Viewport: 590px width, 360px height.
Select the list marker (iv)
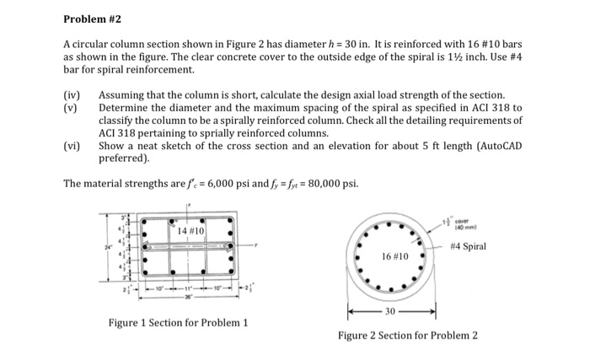pos(72,96)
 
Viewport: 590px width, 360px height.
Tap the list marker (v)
pos(72,109)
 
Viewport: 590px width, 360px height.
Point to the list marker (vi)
pos(72,145)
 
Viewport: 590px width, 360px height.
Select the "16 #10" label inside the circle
pos(394,255)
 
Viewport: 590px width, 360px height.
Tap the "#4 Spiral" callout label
pos(468,246)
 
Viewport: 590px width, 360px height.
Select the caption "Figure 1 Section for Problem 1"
pos(178,323)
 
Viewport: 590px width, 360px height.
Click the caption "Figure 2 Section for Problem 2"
pos(407,336)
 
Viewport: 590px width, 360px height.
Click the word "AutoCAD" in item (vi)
pos(496,145)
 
